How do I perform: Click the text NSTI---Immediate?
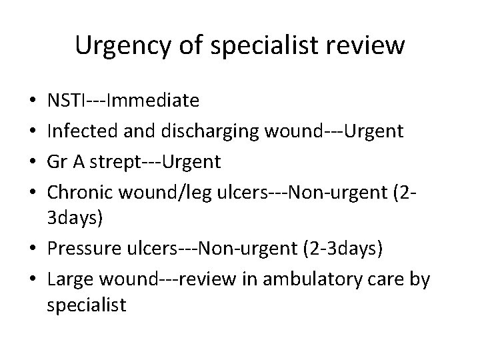123,101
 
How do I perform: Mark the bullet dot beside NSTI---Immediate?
34,102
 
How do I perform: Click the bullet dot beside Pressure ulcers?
34,249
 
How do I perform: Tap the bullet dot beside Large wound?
34,278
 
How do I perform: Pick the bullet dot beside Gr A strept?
34,161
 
